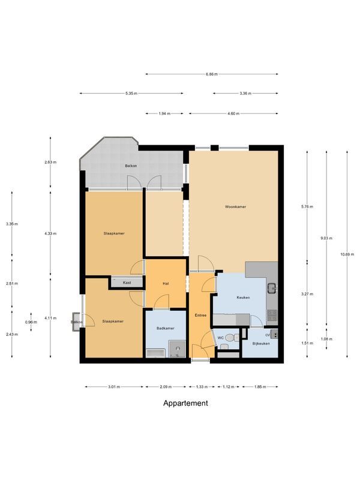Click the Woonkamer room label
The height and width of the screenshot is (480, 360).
point(235,206)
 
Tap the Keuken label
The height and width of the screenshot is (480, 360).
point(243,298)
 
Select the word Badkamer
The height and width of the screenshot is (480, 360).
point(165,328)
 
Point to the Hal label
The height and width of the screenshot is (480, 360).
point(165,284)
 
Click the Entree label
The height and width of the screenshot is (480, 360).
point(200,315)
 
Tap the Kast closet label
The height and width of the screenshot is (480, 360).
point(127,282)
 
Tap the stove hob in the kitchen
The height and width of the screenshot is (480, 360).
point(271,313)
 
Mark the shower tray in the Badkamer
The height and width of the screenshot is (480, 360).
point(176,349)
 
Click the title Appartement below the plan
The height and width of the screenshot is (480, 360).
point(186,403)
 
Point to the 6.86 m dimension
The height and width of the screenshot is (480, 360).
point(211,74)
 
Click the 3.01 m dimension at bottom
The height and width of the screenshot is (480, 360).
point(114,386)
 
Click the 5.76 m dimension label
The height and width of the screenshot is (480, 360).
point(307,206)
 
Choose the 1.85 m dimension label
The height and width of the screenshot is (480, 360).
point(260,386)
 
